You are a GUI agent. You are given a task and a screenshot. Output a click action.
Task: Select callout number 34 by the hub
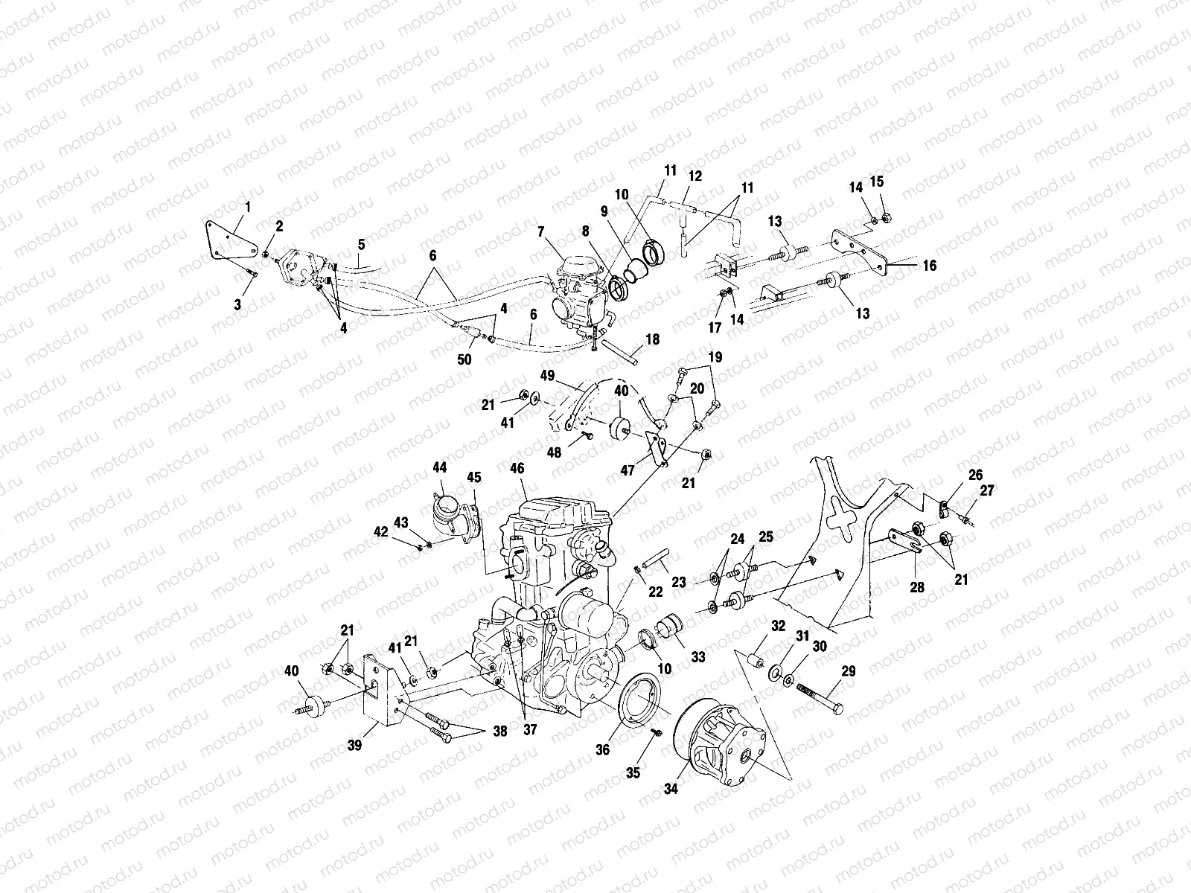pyautogui.click(x=671, y=789)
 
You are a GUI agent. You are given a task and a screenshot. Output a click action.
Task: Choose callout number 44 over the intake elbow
pyautogui.click(x=439, y=467)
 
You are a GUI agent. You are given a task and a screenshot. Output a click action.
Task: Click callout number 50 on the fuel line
pyautogui.click(x=464, y=359)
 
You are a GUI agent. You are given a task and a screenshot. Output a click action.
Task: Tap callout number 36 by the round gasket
pyautogui.click(x=602, y=749)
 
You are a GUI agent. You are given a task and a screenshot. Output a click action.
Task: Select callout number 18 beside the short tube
pyautogui.click(x=653, y=340)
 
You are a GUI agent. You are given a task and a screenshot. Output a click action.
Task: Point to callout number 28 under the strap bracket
pyautogui.click(x=917, y=587)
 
